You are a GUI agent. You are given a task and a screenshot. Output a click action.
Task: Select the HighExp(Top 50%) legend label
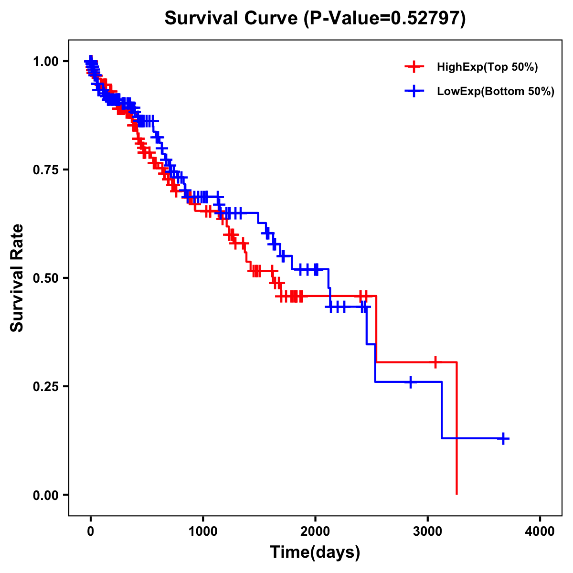[487, 67]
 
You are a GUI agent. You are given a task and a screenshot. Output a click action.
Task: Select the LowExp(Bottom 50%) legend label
[495, 91]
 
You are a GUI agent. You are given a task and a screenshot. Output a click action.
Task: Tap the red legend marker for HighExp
[414, 67]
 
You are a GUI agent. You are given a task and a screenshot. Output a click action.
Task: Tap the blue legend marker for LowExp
[414, 91]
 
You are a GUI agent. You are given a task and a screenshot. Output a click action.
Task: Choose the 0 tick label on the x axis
[91, 531]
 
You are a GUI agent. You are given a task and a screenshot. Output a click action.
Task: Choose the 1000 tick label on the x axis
[203, 531]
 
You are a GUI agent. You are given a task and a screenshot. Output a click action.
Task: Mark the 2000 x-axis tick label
[315, 531]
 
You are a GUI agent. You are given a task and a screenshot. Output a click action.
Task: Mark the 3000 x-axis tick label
[428, 531]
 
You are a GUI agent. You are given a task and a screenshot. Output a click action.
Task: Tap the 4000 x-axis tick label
[540, 531]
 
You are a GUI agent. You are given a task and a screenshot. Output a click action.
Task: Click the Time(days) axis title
[315, 552]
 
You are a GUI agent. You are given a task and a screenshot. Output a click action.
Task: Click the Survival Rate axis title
[17, 278]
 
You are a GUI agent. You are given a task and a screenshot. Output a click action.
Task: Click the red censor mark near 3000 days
[435, 362]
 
